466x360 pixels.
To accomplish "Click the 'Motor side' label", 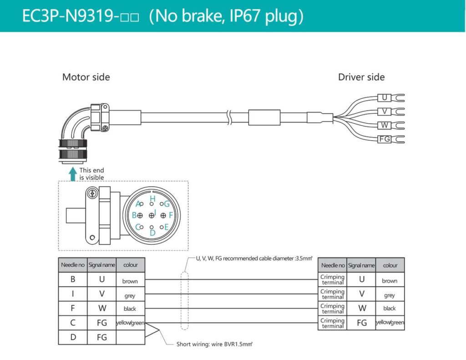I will point(86,77).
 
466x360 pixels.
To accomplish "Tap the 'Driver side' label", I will point(361,77).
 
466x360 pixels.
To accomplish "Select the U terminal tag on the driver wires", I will point(385,97).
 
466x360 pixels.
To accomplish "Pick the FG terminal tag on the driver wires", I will point(385,139).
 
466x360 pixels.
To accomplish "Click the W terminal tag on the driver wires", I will point(385,125).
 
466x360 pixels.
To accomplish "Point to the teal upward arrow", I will point(72,173).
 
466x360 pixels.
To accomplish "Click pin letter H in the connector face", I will point(152,199).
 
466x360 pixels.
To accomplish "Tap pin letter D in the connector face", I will point(152,233).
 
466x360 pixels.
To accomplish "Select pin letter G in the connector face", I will point(167,204).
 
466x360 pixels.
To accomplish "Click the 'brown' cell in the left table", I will point(130,281).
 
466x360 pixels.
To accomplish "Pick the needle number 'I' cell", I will point(73,294).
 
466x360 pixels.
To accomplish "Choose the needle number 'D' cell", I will point(73,337).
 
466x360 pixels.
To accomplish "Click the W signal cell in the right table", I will point(362,308).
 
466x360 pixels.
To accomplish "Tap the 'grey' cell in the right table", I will point(390,295).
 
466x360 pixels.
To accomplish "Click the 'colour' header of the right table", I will point(390,265).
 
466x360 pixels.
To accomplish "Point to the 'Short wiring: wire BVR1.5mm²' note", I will point(214,344).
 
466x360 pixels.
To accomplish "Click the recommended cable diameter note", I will point(254,259).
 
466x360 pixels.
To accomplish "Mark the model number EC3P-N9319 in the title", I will point(71,16).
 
